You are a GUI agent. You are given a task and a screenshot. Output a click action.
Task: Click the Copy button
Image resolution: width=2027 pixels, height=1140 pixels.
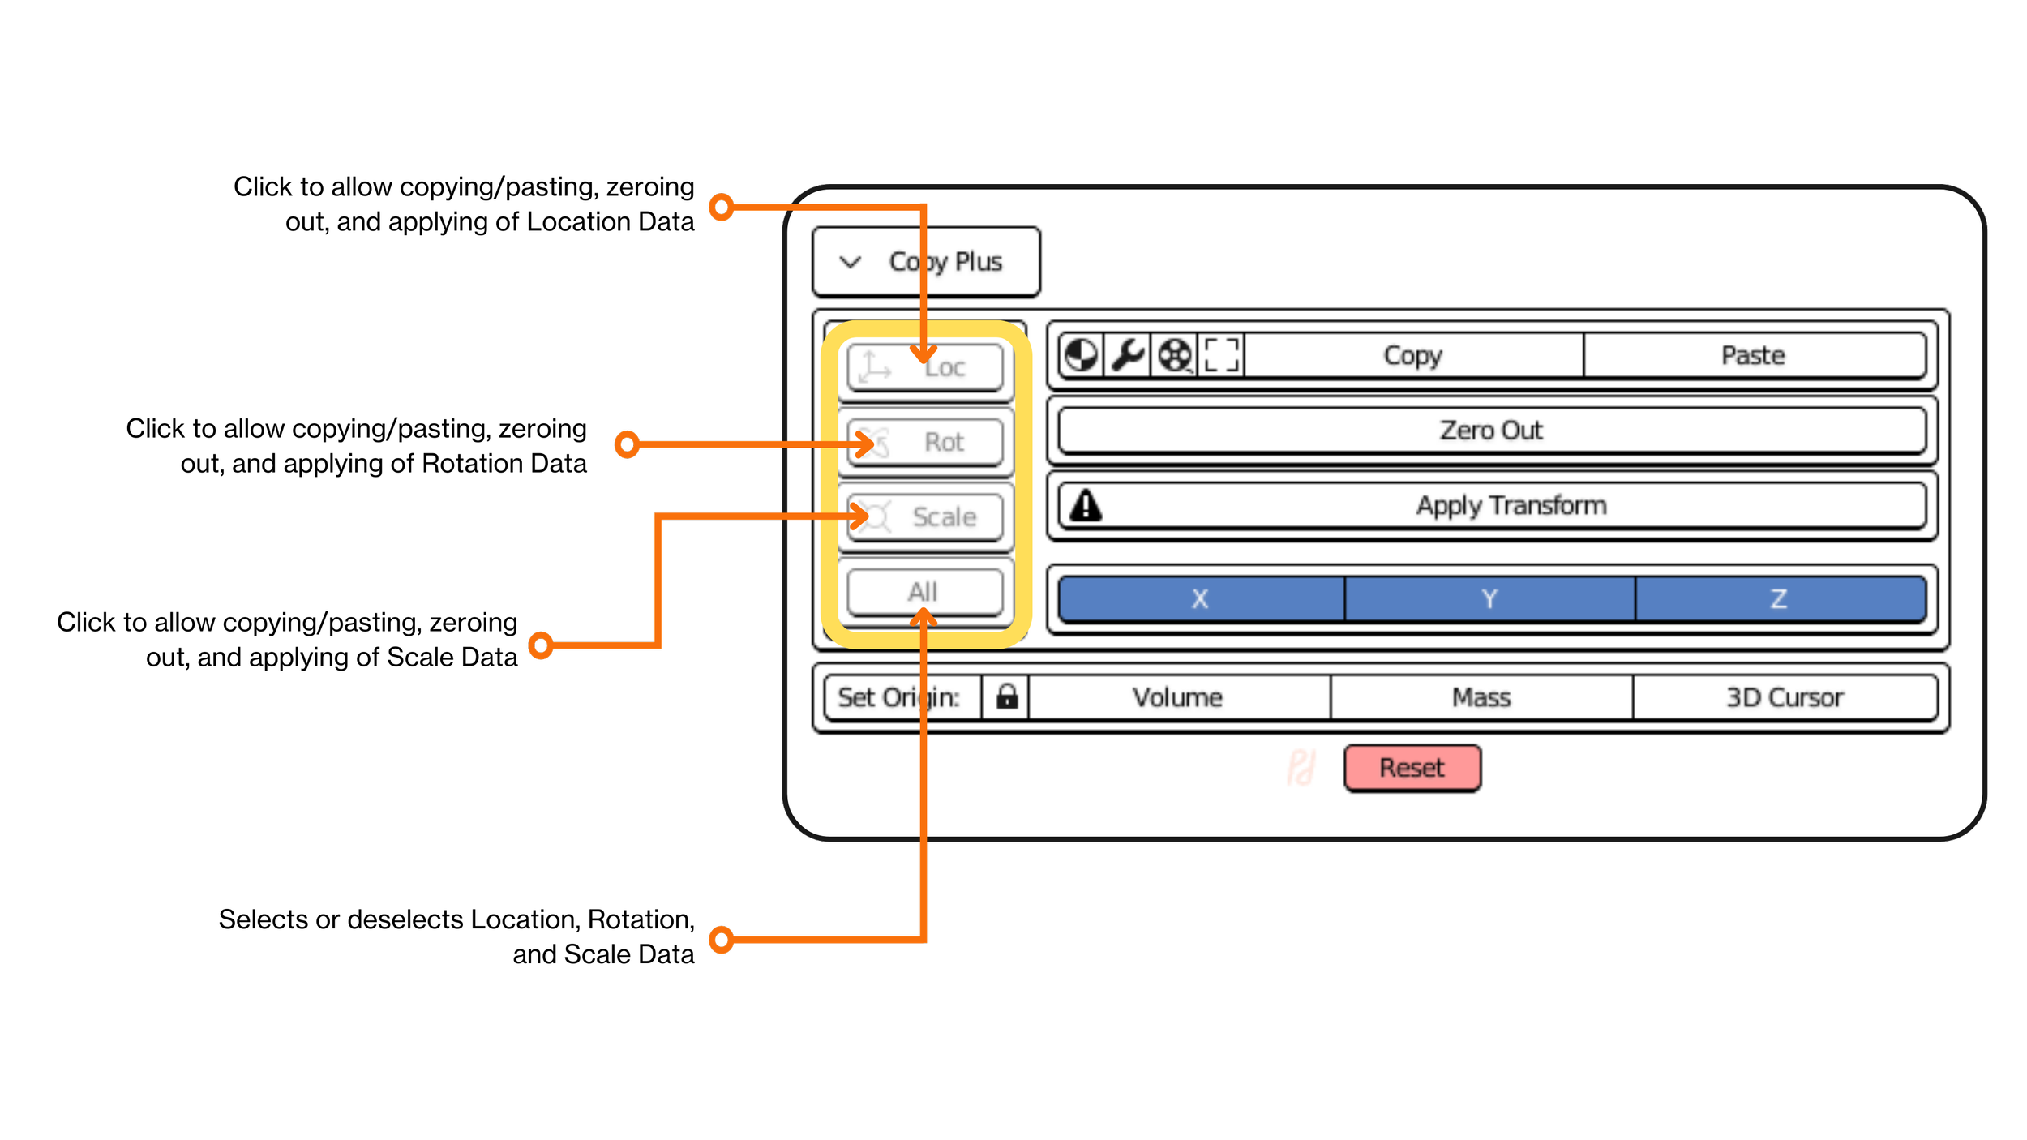click(1412, 355)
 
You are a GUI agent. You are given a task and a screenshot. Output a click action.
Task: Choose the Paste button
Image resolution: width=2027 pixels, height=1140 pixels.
click(1753, 355)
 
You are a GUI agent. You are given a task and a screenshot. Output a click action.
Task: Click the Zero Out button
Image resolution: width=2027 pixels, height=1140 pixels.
click(1492, 430)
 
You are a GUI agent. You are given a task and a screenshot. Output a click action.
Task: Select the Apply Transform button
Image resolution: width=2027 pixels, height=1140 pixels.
click(1510, 505)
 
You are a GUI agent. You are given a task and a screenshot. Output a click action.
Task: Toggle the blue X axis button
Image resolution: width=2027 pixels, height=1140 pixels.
click(1200, 598)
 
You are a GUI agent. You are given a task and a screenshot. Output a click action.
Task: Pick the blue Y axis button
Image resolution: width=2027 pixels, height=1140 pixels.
click(1489, 598)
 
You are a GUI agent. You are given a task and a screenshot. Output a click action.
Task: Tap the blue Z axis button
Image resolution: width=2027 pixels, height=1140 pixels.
click(1779, 598)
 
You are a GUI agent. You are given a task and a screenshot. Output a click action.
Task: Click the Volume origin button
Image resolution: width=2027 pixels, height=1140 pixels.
click(1177, 697)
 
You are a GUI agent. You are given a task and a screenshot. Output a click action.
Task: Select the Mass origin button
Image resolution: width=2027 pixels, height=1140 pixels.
click(1481, 697)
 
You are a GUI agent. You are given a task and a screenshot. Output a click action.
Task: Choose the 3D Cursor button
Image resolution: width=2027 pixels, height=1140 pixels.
click(1785, 697)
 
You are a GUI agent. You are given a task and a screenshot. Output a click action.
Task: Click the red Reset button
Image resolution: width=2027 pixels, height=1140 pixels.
click(1412, 768)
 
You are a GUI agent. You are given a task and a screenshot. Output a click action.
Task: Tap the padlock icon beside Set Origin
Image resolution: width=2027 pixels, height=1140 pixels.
click(1006, 696)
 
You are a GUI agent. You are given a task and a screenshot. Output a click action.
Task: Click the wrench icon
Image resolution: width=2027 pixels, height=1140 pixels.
click(1127, 355)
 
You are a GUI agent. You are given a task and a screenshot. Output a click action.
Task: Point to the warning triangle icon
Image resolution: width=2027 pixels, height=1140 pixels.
click(1086, 505)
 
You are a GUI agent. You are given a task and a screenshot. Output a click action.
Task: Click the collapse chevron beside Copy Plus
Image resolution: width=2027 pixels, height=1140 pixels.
click(850, 262)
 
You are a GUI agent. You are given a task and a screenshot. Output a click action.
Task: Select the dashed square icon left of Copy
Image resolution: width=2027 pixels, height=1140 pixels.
click(1221, 355)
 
